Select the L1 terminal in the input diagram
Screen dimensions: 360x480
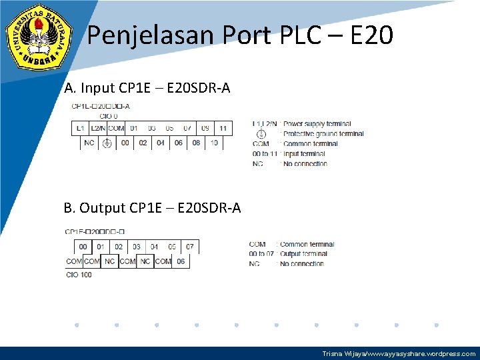(x=80, y=128)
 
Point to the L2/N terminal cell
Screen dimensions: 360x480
(x=98, y=128)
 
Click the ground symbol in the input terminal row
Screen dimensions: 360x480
(x=107, y=143)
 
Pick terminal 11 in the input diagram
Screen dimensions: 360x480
(x=223, y=128)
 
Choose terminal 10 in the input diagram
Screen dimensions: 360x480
(x=214, y=143)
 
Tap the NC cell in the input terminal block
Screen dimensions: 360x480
(x=89, y=143)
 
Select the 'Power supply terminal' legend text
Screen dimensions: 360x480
(x=317, y=124)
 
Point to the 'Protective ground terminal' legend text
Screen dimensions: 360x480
(x=323, y=134)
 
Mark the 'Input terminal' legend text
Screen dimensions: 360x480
(x=304, y=154)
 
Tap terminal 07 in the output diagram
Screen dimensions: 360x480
(x=190, y=247)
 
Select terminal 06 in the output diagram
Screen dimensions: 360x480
(x=181, y=261)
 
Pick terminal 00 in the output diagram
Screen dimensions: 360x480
(x=83, y=247)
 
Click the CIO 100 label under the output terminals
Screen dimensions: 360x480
(x=79, y=275)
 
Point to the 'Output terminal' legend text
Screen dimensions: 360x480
(x=303, y=254)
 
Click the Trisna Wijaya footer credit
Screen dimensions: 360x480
(x=399, y=353)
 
